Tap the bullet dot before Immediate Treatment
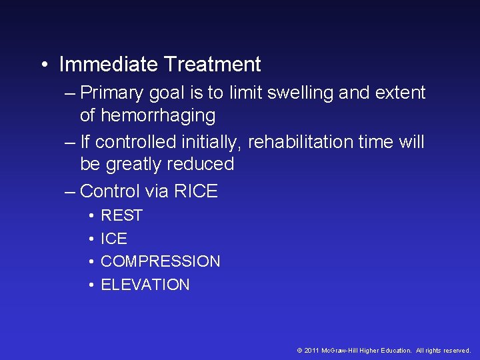pos(43,65)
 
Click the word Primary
pos(115,93)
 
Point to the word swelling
pos(300,93)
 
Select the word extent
pos(401,93)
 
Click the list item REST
pos(121,216)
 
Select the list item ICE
pos(113,239)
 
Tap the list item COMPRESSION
pos(160,261)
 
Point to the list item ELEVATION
pos(145,285)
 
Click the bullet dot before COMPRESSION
pos(90,262)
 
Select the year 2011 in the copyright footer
pos(311,351)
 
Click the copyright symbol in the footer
pos(300,351)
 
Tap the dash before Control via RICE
pos(70,192)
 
